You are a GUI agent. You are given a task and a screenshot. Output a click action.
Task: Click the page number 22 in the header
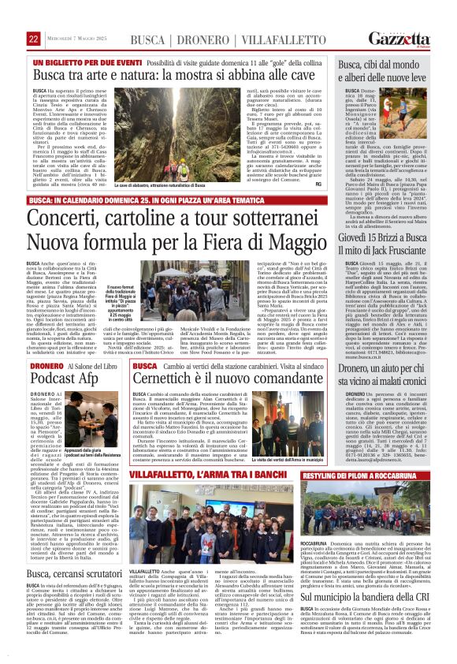(33, 39)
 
